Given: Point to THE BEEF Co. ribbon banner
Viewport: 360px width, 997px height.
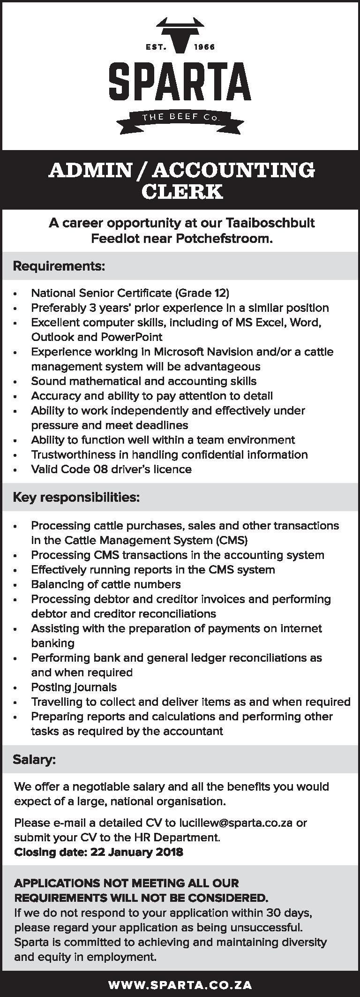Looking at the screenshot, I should pyautogui.click(x=180, y=118).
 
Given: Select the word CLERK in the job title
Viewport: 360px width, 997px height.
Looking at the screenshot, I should pyautogui.click(x=182, y=192).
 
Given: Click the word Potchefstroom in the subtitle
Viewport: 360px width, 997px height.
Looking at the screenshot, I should pyautogui.click(x=224, y=239).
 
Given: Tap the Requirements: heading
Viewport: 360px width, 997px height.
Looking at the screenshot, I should pyautogui.click(x=59, y=266).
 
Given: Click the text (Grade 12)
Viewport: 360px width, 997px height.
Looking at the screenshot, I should pyautogui.click(x=202, y=293).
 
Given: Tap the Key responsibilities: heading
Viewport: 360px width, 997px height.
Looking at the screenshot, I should pyautogui.click(x=76, y=497).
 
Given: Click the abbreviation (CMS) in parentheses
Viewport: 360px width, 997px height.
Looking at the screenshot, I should pyautogui.click(x=232, y=540).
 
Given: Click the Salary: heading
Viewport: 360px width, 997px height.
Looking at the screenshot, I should pyautogui.click(x=34, y=759).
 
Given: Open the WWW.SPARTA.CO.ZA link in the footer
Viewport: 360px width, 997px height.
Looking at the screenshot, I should pyautogui.click(x=180, y=985).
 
